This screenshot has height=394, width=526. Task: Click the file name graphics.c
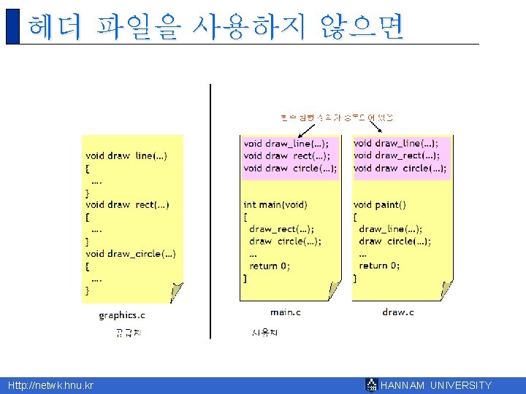pos(122,315)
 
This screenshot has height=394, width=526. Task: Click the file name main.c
pos(286,312)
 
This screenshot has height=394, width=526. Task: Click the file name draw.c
pos(397,312)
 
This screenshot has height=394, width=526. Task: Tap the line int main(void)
pos(275,205)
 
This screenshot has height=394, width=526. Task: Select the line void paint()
pos(379,205)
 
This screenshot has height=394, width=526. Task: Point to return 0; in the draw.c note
pos(379,266)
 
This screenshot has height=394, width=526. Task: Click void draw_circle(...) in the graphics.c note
pos(130,253)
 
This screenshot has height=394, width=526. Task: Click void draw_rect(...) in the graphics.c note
pos(127,205)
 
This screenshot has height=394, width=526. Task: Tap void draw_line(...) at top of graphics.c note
pos(126,155)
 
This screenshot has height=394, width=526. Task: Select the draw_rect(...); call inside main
pos(281,229)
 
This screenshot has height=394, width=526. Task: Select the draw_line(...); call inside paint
pos(390,229)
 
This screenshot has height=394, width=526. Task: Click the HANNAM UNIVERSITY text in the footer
pos(436,385)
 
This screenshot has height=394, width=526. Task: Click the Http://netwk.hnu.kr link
pos(50,385)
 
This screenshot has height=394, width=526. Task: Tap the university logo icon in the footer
pos(372,385)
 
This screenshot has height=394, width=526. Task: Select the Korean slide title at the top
pos(216,27)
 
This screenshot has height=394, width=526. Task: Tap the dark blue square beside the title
pos(12,27)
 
